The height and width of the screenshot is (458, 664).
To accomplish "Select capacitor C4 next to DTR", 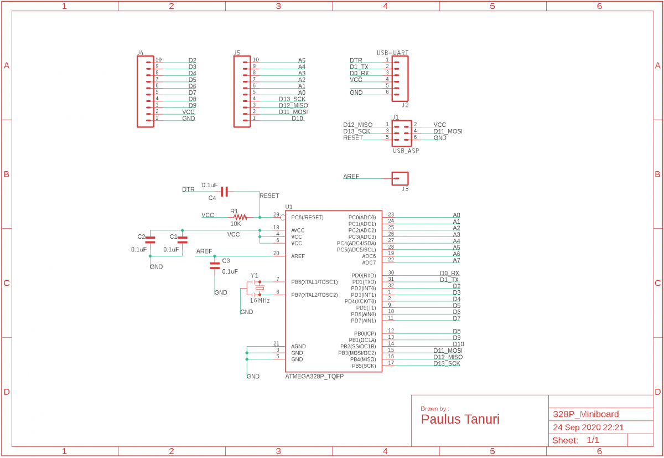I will pos(224,192).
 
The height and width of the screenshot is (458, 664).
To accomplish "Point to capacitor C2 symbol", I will pos(150,240).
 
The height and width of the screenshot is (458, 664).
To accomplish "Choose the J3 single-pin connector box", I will pos(400,178).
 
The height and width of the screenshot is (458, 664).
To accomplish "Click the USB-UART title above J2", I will pos(392,53).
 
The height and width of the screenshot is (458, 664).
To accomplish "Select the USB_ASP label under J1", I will pos(406,150).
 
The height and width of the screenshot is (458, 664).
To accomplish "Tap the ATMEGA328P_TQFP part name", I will pos(314,377).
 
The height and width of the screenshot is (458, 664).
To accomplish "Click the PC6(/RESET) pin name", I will pos(307,218).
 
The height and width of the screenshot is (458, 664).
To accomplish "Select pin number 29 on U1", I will pos(276,214).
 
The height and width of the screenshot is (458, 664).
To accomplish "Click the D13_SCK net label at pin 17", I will pos(447,363).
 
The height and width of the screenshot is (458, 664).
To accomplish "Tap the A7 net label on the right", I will pos(456,260).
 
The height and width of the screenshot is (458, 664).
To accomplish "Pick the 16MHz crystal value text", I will pos(260,301).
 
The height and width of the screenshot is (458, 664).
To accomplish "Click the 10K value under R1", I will pos(236,224).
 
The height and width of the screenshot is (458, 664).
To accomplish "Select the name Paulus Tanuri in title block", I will pos(460,419).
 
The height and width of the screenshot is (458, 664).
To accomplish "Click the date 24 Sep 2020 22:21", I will pos(588,428).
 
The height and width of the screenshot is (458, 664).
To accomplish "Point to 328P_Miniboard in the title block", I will pos(586,414).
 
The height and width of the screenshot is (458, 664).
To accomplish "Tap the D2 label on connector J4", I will pos(192,60).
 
